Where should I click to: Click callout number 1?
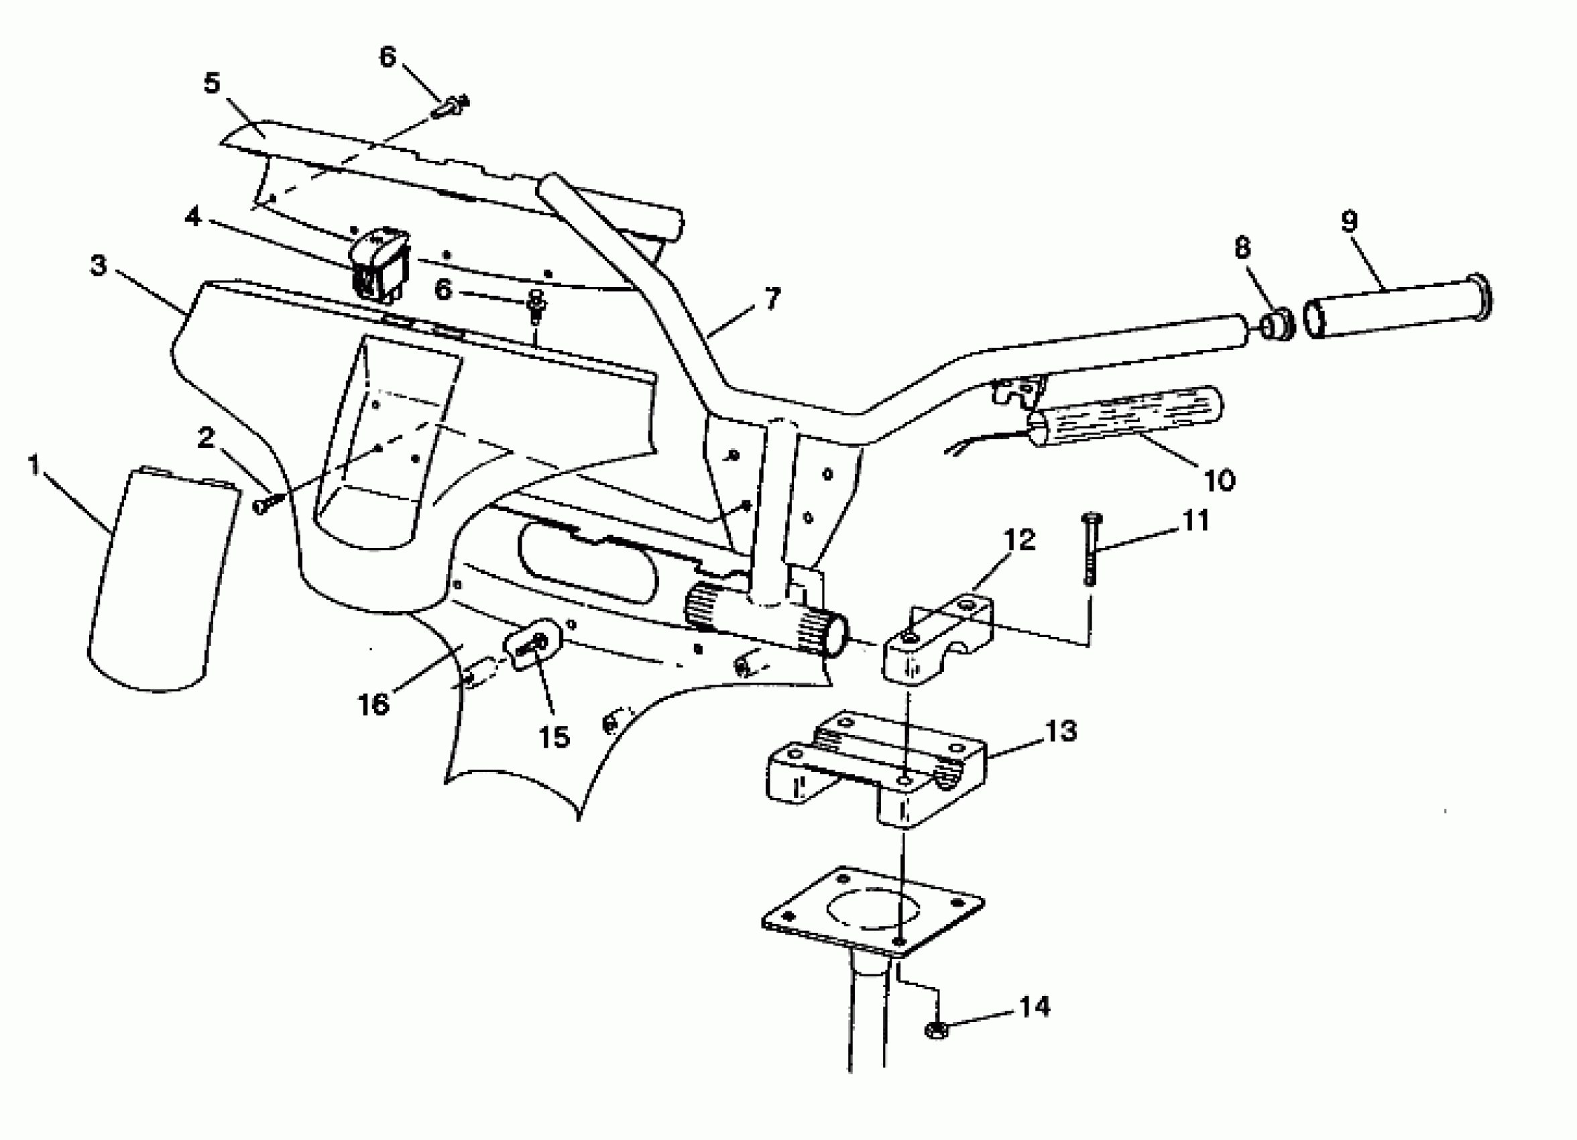click(x=34, y=465)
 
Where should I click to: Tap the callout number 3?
click(x=98, y=265)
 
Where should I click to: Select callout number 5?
click(x=211, y=83)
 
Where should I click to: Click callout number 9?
click(x=1348, y=221)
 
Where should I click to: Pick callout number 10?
click(x=1218, y=480)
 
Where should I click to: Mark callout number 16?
click(x=373, y=704)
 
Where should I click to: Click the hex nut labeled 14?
click(x=937, y=1029)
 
